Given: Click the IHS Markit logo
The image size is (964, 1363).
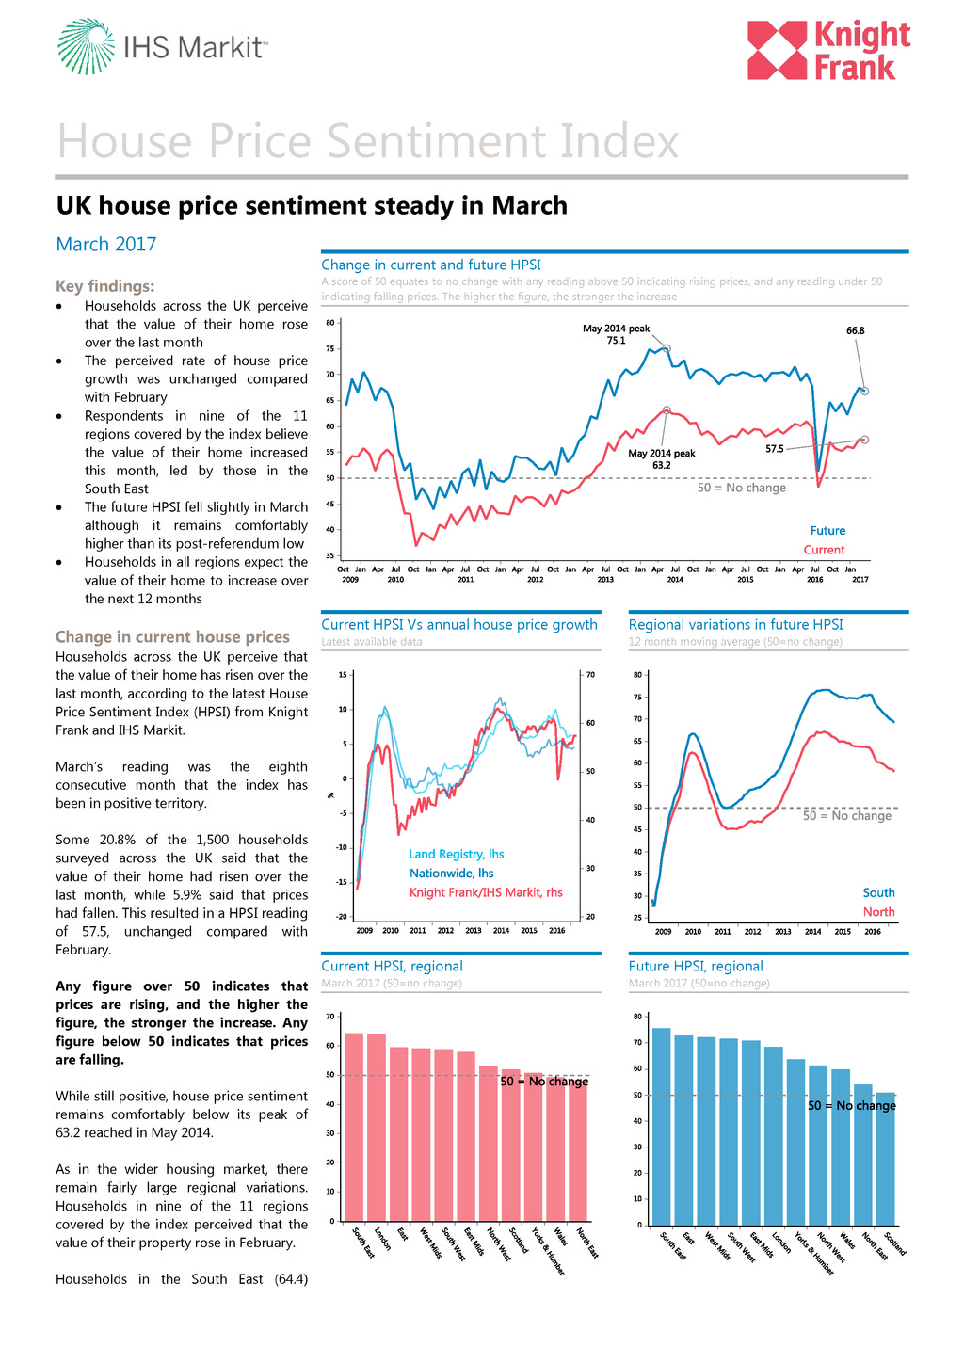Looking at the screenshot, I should tap(162, 46).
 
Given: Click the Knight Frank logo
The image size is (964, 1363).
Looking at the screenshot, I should tap(828, 51).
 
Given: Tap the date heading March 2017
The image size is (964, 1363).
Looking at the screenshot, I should tap(106, 244).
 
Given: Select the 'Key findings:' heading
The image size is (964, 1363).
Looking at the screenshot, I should tap(104, 286).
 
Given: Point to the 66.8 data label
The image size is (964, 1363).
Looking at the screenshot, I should tap(855, 330).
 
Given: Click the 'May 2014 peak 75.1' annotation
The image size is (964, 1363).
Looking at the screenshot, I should tap(616, 334).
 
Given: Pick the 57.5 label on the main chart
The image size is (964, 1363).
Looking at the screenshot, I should tap(774, 449).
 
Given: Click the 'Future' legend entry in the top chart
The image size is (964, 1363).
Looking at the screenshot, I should tap(827, 531).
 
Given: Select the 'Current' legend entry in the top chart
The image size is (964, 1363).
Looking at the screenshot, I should tap(824, 550).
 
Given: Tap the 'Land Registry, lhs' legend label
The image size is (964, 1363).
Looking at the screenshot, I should tap(457, 854).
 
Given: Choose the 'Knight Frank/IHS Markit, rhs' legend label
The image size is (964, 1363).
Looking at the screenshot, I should tap(486, 892).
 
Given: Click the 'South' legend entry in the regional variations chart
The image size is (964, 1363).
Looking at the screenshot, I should tap(878, 892).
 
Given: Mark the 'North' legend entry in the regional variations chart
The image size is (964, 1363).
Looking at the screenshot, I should tap(878, 912).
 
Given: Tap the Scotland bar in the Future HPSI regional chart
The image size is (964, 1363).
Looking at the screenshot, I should tap(886, 1159).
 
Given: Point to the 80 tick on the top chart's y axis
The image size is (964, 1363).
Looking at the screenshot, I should tap(330, 323).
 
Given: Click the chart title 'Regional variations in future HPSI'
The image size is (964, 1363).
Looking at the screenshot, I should tap(735, 624).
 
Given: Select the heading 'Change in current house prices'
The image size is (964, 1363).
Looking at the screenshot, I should tap(172, 637).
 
